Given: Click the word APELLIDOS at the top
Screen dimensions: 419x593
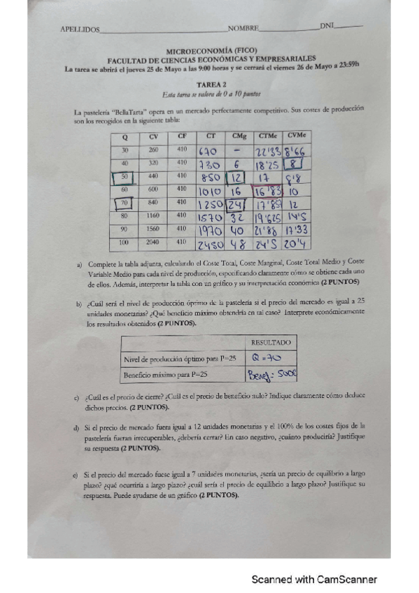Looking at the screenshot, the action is pyautogui.click(x=80, y=29).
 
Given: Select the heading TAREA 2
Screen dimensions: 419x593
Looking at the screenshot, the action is pyautogui.click(x=210, y=83).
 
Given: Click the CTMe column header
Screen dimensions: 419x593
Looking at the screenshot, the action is pyautogui.click(x=267, y=135).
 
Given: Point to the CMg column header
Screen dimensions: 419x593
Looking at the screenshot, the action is pyautogui.click(x=239, y=136).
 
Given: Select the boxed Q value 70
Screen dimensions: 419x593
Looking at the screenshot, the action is pyautogui.click(x=125, y=203).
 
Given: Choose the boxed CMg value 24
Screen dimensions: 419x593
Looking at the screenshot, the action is pyautogui.click(x=236, y=204).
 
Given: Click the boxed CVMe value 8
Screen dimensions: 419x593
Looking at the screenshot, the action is pyautogui.click(x=296, y=164).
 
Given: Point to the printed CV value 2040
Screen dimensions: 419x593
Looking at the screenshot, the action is pyautogui.click(x=153, y=242).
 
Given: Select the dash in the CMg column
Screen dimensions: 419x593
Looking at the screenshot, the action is pyautogui.click(x=238, y=150).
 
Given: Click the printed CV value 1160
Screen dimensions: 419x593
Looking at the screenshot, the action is pyautogui.click(x=153, y=216).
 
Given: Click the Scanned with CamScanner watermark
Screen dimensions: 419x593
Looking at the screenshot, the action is pyautogui.click(x=314, y=580).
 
